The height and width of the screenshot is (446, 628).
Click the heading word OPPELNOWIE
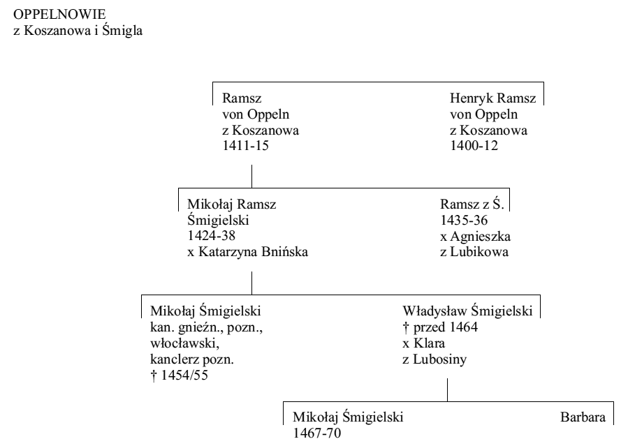59,15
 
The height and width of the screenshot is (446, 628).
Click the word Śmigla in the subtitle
122,31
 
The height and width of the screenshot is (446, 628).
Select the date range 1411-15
245,146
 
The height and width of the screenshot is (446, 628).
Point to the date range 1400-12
474,146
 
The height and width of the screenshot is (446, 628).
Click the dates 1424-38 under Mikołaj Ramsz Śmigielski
211,236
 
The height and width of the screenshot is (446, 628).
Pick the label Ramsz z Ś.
472,204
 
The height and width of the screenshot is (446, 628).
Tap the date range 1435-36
464,220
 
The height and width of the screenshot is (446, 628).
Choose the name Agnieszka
480,237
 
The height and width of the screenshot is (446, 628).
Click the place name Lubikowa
479,251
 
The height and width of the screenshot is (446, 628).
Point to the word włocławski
184,343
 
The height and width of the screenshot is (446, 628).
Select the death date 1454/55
184,376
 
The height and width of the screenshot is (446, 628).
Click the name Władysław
435,311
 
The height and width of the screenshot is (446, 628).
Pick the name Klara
429,343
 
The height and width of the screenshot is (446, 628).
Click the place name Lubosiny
439,359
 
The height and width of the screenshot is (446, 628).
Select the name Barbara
583,417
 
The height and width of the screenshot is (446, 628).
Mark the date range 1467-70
317,433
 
